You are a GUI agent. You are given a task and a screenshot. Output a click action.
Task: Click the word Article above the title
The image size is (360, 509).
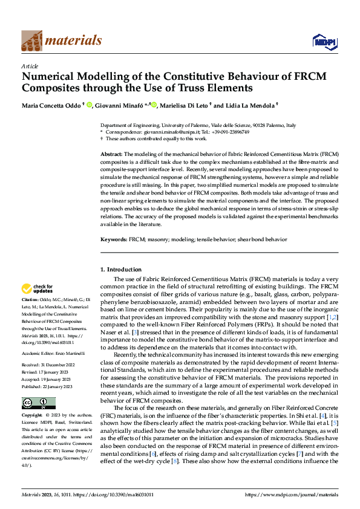pos(30,66)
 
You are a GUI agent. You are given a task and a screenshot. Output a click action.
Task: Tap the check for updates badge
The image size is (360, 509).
pos(38,288)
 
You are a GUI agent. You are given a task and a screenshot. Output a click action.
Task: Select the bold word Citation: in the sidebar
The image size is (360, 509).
pos(31,299)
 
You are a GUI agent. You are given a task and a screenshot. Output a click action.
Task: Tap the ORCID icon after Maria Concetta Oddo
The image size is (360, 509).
pos(88,104)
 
